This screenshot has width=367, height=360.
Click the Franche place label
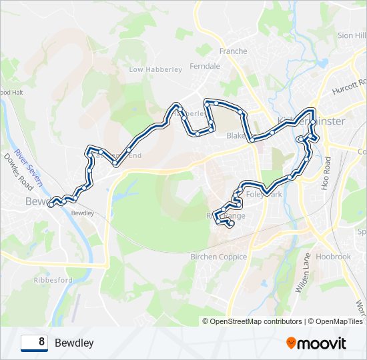[x=233, y=51]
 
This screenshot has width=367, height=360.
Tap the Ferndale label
[x=205, y=67]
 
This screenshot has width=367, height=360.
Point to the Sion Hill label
[x=352, y=35]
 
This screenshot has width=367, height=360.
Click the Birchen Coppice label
[x=219, y=257]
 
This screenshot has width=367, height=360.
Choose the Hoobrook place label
[x=334, y=257]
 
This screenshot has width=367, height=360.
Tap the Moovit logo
[x=316, y=343]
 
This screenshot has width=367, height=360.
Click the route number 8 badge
[x=34, y=343]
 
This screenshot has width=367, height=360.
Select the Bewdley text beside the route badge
[x=74, y=343]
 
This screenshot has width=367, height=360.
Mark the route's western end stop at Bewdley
[x=51, y=205]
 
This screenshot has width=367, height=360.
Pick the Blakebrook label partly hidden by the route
[x=236, y=135]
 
